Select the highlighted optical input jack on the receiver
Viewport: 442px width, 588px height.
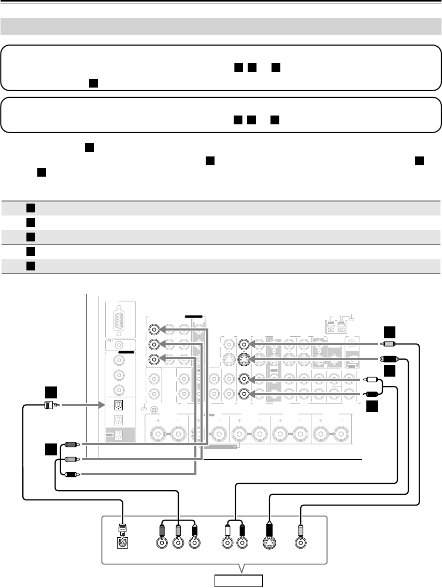click(119, 405)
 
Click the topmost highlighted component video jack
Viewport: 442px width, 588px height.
click(153, 329)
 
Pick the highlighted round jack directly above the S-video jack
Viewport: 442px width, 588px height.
click(244, 343)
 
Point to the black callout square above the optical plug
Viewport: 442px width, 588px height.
click(50, 391)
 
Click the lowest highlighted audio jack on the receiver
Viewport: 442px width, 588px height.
click(244, 393)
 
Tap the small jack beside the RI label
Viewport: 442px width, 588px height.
click(119, 344)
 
